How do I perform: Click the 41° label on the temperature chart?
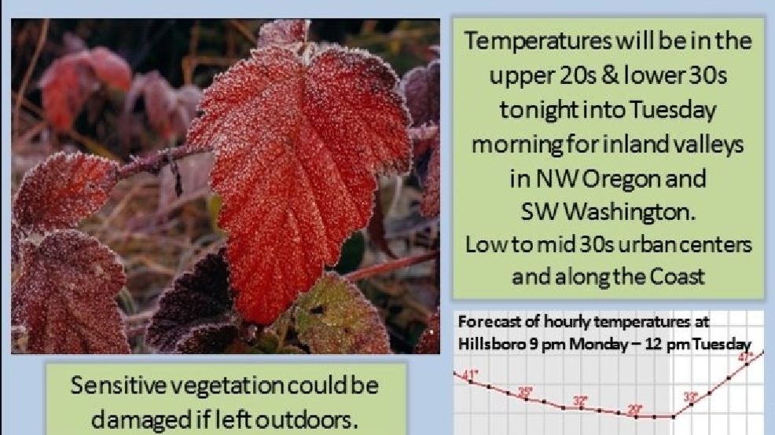(x=472, y=375)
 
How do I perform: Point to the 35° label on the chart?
(x=525, y=392)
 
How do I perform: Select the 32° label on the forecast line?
(x=580, y=401)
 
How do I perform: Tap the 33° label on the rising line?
(x=690, y=397)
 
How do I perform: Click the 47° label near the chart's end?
(x=745, y=356)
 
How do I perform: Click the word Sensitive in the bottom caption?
(x=118, y=385)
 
